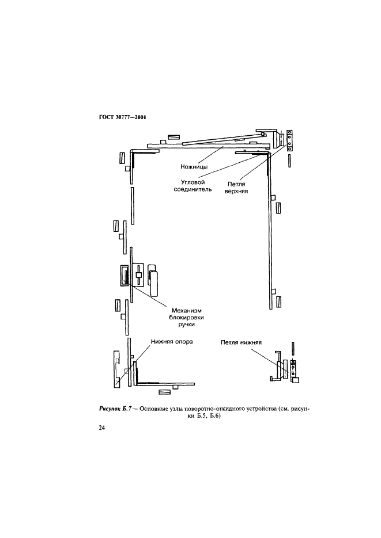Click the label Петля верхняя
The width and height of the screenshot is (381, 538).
point(236,185)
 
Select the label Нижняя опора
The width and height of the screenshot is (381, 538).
point(171,341)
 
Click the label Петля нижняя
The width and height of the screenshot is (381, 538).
point(241,342)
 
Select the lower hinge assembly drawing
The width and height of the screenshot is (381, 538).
point(286,371)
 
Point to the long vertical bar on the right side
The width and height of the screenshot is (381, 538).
point(271,230)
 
